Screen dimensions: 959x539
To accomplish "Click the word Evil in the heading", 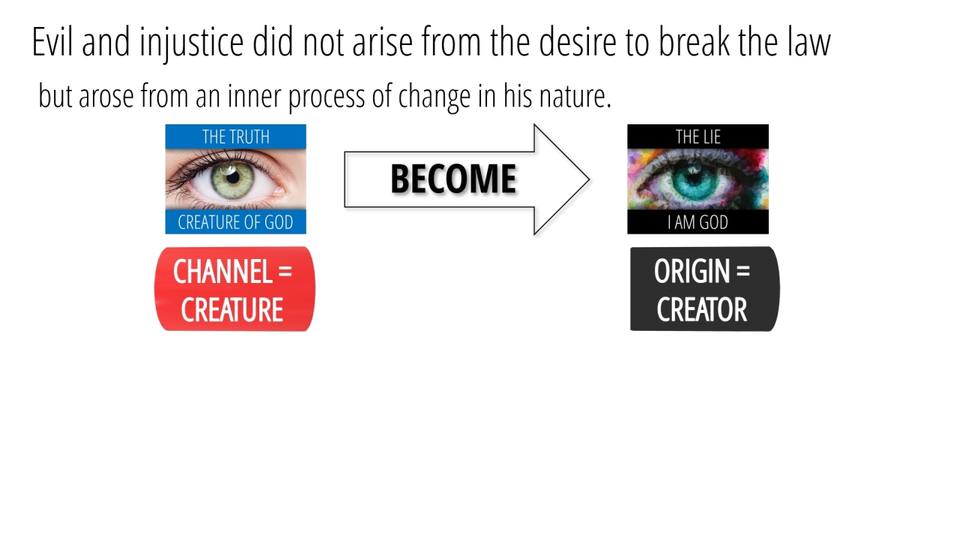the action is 52,41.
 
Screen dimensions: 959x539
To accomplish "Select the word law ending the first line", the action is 809,41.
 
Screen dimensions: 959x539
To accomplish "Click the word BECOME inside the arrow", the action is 453,179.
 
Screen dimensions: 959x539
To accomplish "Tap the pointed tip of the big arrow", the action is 590,180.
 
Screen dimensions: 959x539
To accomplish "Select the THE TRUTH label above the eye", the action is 236,137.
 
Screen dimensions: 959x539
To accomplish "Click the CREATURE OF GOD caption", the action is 235,222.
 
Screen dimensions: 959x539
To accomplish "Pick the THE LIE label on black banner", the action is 698,137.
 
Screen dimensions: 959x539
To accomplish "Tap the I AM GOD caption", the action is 698,222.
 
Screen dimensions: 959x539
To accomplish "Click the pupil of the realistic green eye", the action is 233,177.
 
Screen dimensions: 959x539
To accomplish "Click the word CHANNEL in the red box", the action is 223,272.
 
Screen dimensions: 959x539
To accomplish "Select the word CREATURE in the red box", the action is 232,310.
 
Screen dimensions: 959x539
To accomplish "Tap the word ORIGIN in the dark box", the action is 692,272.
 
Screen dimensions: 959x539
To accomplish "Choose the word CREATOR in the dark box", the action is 702,310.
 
